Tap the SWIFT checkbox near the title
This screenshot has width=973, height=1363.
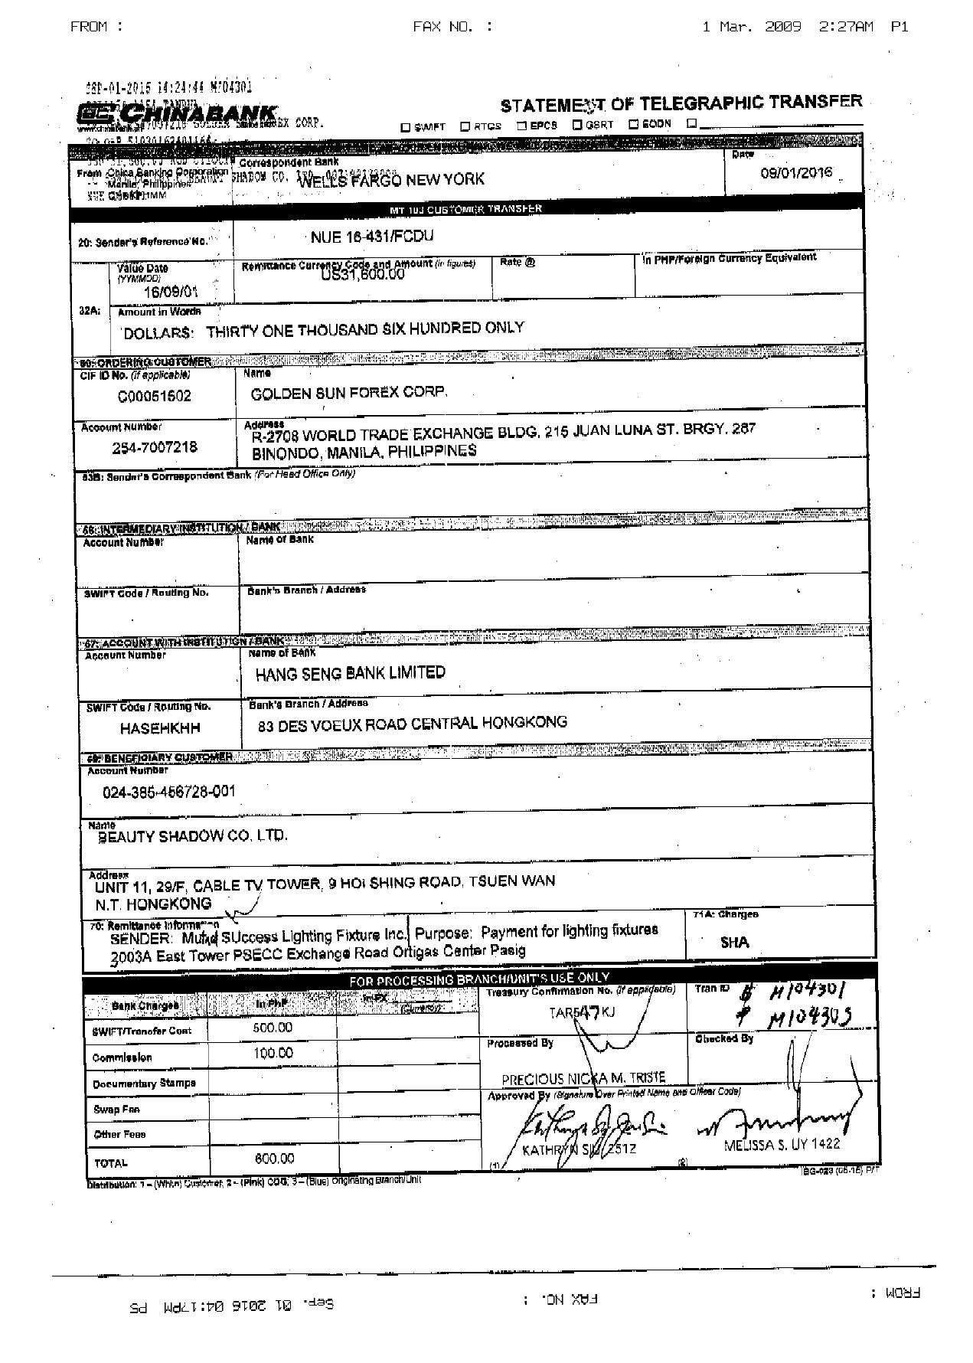coord(406,127)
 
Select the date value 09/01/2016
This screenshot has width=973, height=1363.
coord(796,173)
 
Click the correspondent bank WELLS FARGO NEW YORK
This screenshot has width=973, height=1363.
coord(390,180)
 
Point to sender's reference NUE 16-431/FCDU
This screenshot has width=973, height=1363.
coord(372,237)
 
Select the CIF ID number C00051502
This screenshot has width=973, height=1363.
coord(155,396)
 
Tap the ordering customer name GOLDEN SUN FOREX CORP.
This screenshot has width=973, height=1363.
coord(349,393)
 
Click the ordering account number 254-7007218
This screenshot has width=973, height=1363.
coord(155,447)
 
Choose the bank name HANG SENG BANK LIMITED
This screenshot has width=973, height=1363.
coord(351,673)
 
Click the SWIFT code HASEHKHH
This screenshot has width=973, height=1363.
coord(160,728)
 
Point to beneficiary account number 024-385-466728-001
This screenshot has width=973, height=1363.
coord(169,791)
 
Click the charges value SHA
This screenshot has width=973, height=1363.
coord(734,943)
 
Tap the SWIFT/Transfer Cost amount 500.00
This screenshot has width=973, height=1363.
coord(273,1028)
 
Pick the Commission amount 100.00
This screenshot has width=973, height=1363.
coord(273,1053)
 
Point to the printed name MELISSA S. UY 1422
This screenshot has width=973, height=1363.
coord(782,1144)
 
